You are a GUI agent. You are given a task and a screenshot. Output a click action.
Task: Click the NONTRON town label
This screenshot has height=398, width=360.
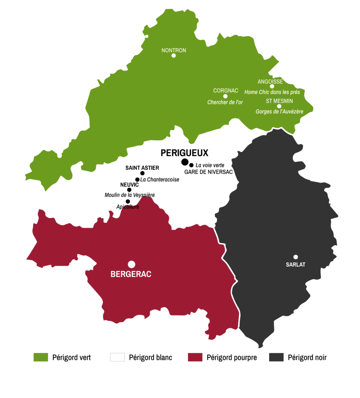174,51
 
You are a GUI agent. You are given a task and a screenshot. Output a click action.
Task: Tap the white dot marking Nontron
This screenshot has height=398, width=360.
174,56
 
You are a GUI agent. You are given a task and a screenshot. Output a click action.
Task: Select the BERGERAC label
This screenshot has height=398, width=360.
131,274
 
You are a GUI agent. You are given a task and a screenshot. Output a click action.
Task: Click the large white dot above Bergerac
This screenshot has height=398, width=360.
132,264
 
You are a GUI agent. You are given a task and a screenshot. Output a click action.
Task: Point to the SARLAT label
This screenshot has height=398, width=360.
295,265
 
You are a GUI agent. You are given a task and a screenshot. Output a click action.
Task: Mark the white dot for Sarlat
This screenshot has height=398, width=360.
295,257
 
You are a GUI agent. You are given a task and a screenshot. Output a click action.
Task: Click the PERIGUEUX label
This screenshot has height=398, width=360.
185,153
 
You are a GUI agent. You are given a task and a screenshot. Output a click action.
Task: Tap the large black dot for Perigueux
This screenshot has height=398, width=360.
185,162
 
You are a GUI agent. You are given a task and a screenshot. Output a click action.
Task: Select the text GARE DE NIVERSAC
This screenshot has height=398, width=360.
208,172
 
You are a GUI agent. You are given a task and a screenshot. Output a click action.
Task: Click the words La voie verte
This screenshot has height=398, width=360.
210,165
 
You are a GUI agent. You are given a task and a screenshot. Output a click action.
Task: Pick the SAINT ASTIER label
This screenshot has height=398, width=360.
142,168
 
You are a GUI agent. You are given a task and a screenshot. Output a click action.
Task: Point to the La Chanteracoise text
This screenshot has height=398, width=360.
160,180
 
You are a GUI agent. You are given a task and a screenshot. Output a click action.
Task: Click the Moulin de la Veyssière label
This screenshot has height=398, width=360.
129,195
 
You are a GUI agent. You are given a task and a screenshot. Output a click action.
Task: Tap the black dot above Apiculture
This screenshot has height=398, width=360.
128,201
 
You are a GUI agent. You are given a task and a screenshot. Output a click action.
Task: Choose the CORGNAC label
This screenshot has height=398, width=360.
225,91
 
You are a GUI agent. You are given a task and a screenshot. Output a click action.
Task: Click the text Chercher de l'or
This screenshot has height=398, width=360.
225,102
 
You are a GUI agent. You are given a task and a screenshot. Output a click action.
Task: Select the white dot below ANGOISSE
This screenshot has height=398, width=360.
272,86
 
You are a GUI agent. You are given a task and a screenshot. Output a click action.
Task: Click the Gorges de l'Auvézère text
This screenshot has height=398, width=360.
279,112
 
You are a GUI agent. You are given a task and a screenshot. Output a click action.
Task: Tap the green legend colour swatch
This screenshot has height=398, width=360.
41,357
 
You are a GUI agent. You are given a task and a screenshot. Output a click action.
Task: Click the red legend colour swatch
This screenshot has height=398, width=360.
195,357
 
